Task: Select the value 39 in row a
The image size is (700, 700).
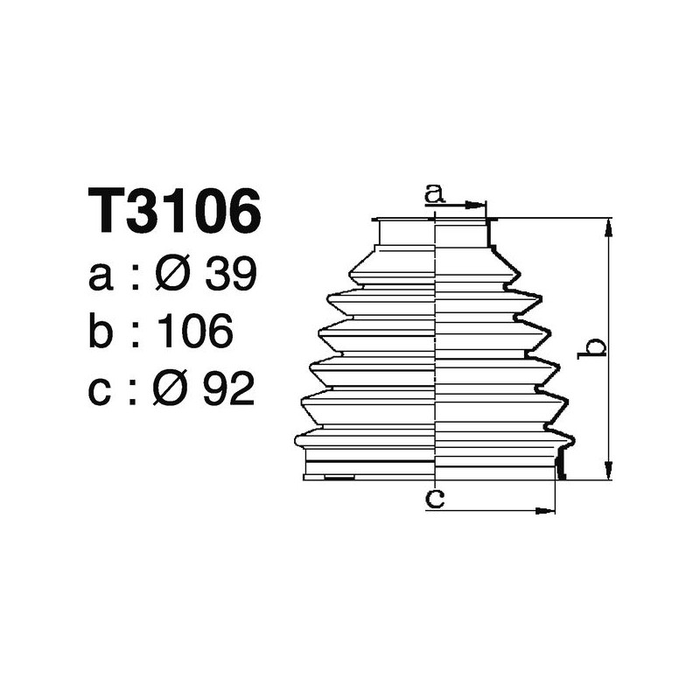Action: coord(230,276)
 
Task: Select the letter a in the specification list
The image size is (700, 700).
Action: coord(101,277)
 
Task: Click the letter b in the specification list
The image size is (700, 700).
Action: coord(101,332)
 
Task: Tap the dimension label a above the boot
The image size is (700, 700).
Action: coord(435,193)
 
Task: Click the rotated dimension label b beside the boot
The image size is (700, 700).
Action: coord(594,347)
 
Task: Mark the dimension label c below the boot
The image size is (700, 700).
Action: coord(435,499)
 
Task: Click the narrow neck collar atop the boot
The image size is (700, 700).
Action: coord(435,233)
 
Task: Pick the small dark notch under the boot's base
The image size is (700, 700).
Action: coord(339,477)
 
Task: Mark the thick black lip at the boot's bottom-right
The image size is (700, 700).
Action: coord(560,465)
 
